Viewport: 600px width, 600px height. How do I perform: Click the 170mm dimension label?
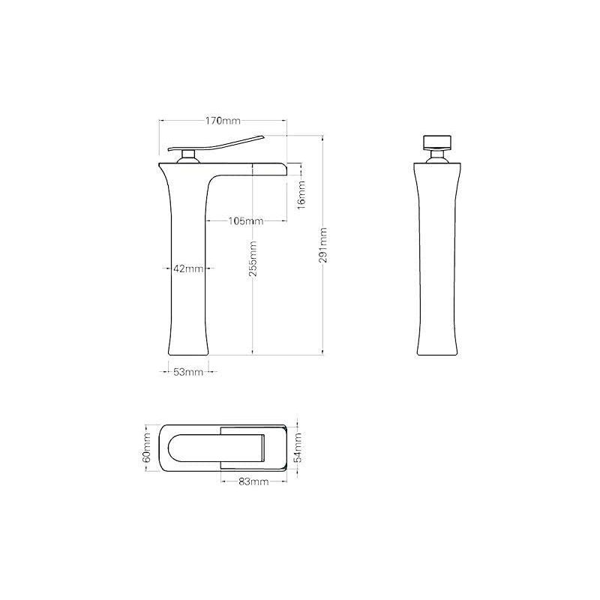tap(223, 121)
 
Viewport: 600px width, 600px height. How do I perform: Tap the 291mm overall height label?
tap(323, 245)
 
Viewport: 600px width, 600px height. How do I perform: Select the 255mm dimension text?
tap(253, 259)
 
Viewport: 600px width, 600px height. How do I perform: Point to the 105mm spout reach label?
tap(246, 221)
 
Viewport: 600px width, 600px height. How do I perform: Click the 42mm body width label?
tap(188, 268)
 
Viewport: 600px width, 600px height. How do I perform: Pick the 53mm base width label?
tap(188, 371)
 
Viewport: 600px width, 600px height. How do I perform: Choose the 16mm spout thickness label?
tap(302, 195)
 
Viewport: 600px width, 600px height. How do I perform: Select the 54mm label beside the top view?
tap(298, 448)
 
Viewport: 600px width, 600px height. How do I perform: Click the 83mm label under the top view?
tap(253, 481)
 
